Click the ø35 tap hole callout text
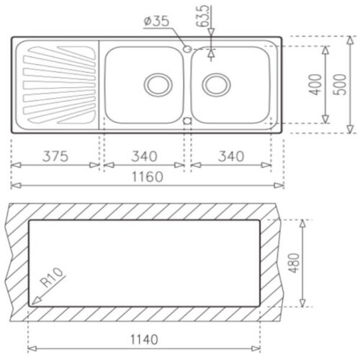coord(157,22)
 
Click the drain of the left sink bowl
coord(156,84)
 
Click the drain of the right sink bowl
coord(214,84)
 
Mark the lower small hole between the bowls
coord(187,121)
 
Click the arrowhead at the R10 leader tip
coord(33,298)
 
